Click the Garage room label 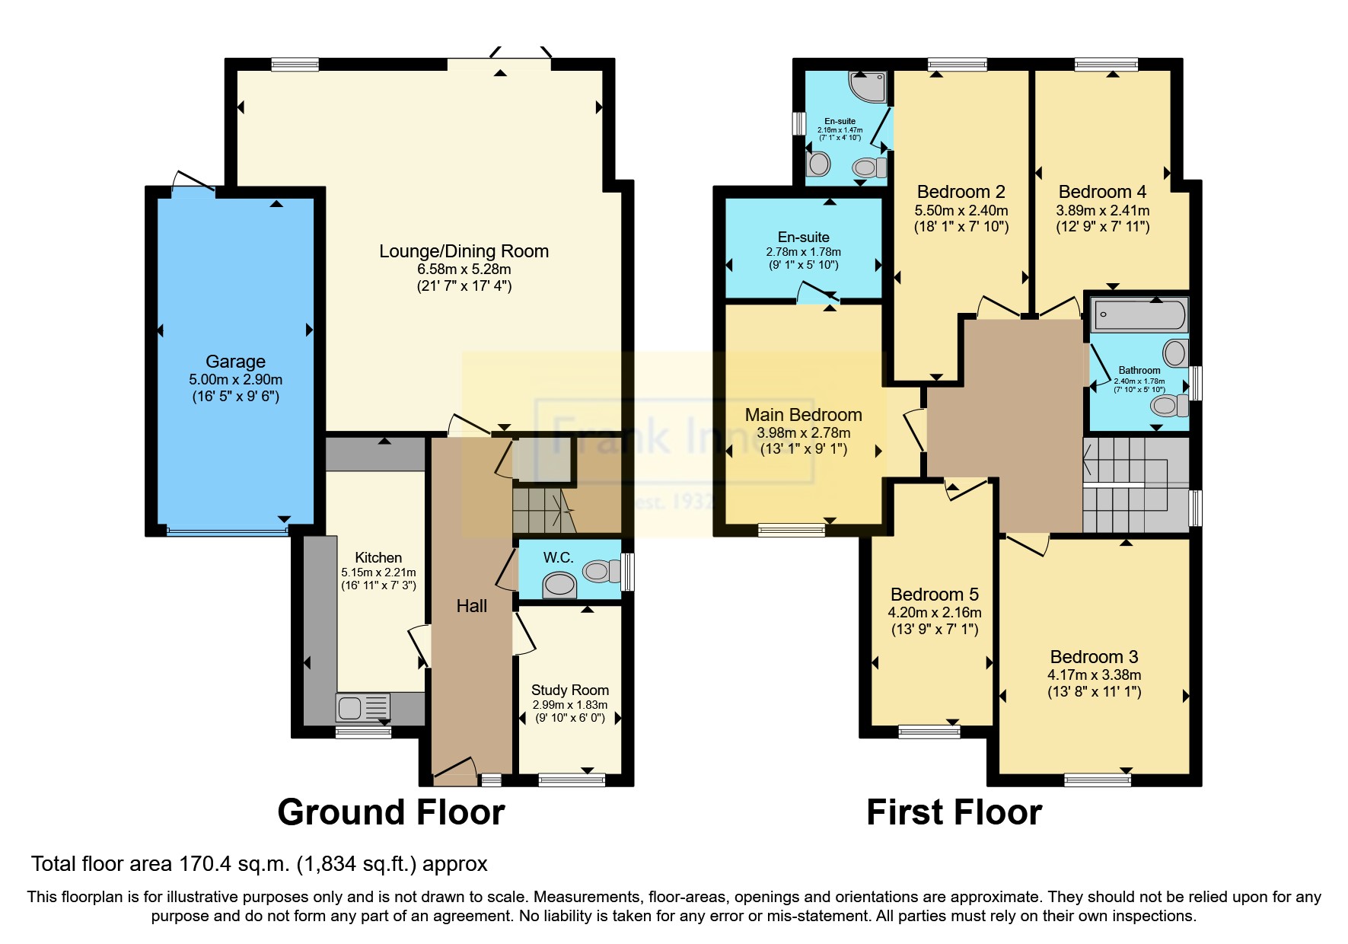tap(235, 362)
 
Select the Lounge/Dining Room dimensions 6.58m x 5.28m tap(464, 269)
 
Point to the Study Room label tap(569, 690)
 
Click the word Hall tap(471, 606)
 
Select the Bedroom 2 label tap(961, 192)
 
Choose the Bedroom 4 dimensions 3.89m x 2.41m tap(1102, 210)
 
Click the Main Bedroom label tap(803, 415)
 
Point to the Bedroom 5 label tap(934, 595)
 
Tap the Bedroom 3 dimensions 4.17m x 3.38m tap(1094, 675)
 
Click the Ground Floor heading tap(390, 812)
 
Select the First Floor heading tap(954, 812)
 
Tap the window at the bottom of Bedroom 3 tap(1097, 779)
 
